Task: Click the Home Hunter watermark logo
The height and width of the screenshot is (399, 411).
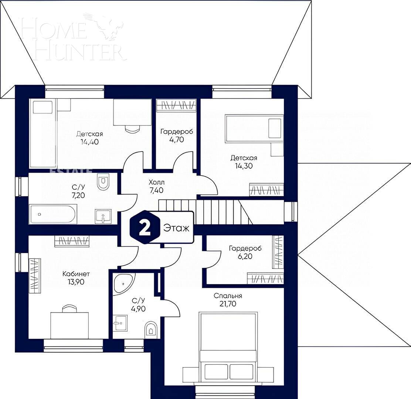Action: coord(72,37)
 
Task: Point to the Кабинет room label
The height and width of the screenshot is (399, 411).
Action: coord(76,274)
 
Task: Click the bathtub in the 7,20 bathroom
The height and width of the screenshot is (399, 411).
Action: coord(53,214)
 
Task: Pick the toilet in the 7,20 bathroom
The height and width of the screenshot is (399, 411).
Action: coord(103,182)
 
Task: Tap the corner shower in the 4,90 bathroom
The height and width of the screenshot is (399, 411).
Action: coord(123,283)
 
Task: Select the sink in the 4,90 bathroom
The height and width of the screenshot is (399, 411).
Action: coord(120,323)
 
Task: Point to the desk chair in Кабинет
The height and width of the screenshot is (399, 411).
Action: coord(69,309)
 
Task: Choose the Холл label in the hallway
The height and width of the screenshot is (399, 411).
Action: coord(156,183)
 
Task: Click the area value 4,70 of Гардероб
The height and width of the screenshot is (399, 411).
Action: coord(177,139)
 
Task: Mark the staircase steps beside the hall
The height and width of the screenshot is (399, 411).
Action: coord(218,212)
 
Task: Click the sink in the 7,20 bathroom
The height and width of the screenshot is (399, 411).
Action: coord(103,216)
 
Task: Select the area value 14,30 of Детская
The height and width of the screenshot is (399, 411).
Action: coord(244,166)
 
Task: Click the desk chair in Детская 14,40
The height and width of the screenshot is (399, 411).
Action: coord(133,129)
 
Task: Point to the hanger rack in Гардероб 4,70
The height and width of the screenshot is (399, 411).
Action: coord(176,105)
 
